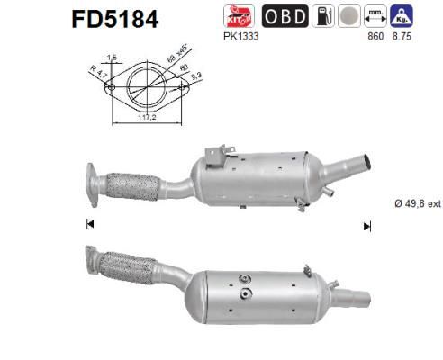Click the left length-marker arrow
[x=89, y=225]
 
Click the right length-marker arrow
[x=366, y=226]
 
